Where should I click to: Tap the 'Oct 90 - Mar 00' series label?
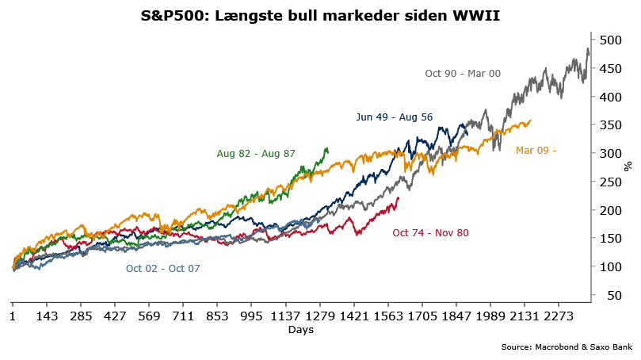pos(463,73)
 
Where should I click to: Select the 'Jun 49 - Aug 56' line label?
pos(395,117)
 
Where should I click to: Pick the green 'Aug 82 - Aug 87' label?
pos(256,153)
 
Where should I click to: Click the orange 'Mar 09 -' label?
pos(536,150)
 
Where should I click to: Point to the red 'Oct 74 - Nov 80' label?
pos(431,232)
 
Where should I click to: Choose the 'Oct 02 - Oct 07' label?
pos(163,269)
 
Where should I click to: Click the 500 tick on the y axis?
pos(609,40)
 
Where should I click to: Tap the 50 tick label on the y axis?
pos(606,295)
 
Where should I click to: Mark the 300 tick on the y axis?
pos(609,153)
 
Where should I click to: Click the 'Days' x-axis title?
pos(300,330)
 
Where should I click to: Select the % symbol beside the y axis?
pos(628,166)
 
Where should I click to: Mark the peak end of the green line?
pos(326,148)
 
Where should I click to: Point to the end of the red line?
pos(399,197)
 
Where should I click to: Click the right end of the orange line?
pos(530,121)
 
